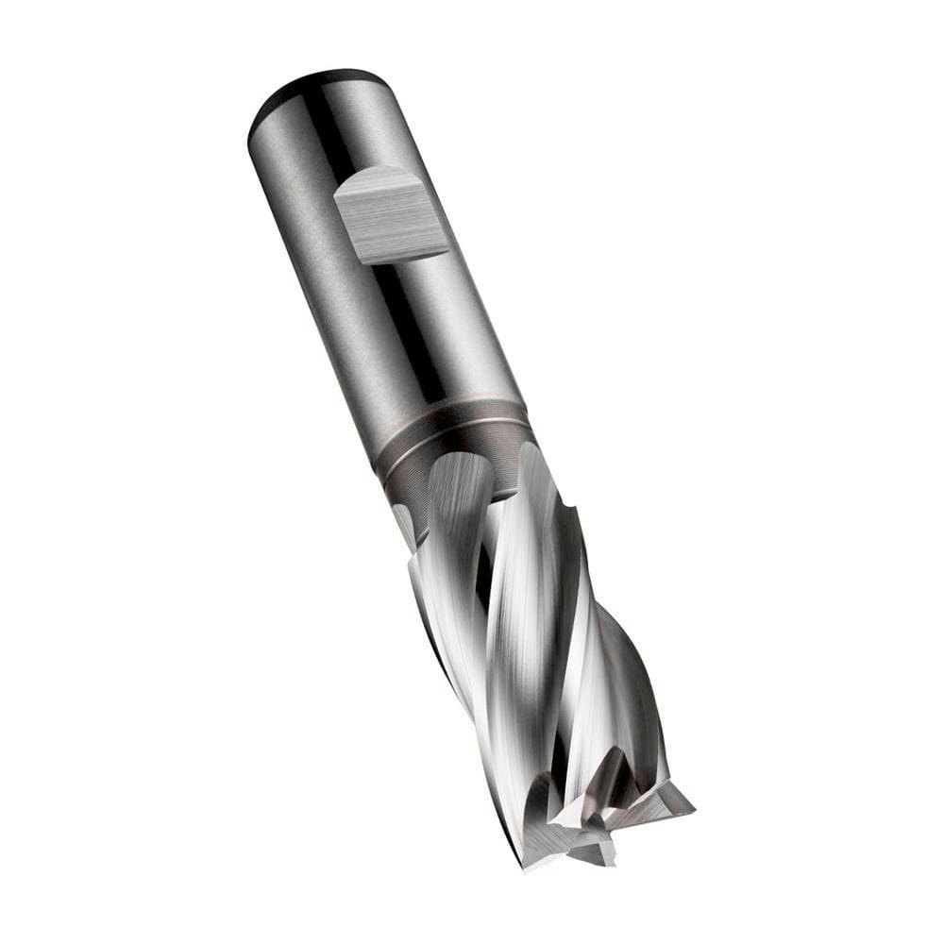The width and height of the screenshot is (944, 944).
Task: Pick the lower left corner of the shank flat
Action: [x=362, y=263]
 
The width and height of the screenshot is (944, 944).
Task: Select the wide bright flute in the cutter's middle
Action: [x=514, y=604]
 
